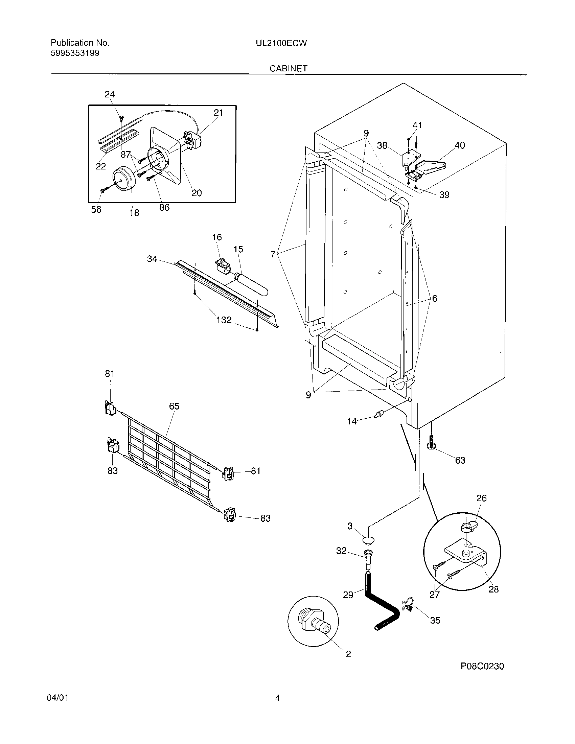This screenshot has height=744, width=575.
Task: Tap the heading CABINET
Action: (288, 68)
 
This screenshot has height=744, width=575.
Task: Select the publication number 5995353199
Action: (75, 53)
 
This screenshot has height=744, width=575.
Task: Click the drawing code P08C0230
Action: (482, 666)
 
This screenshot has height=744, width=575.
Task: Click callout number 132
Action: (224, 320)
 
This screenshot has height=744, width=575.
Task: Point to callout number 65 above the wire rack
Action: (174, 406)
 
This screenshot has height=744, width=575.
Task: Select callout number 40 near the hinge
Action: (460, 145)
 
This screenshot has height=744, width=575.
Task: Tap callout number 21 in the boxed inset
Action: (218, 113)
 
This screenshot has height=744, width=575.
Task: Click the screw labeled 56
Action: (102, 190)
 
